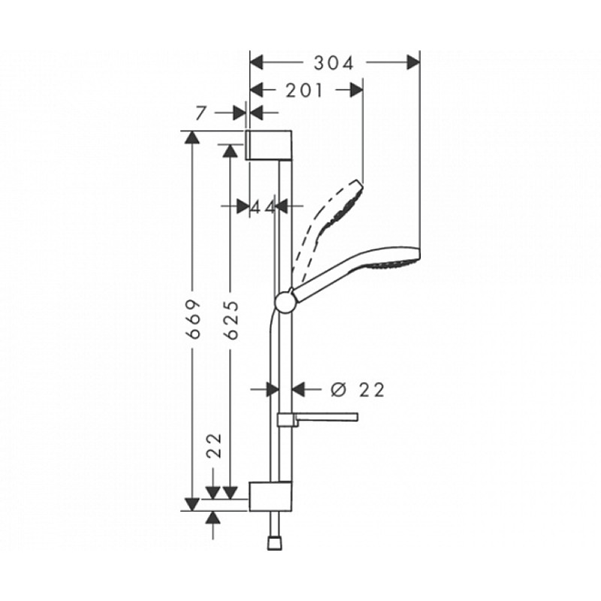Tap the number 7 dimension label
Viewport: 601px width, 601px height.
(x=200, y=113)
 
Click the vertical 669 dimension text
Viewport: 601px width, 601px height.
(x=193, y=319)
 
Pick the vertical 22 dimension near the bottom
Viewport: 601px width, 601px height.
(x=214, y=447)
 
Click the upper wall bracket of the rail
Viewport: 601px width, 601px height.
(x=267, y=144)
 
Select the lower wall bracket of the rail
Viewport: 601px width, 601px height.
(x=267, y=495)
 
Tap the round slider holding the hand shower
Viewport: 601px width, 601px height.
(x=285, y=301)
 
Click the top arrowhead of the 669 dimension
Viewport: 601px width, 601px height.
(x=193, y=137)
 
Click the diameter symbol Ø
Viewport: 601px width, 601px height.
(x=337, y=389)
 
